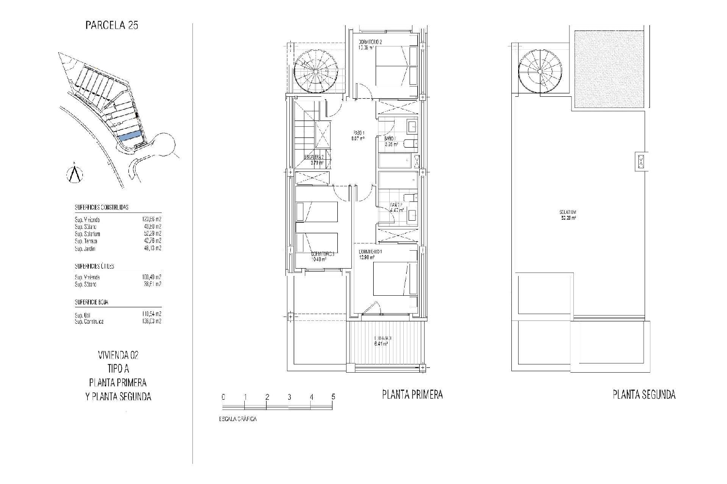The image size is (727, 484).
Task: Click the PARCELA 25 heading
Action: pos(111,25)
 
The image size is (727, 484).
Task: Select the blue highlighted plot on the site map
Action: pos(130,136)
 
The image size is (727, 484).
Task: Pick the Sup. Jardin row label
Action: pos(85,249)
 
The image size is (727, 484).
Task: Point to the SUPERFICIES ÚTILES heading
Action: pos(94,266)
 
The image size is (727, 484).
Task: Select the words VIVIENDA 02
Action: pos(118,355)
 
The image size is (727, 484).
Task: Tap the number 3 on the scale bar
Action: pos(289,397)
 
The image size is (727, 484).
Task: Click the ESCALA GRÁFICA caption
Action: pos(237,419)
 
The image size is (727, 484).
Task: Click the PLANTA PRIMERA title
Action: pos(412,395)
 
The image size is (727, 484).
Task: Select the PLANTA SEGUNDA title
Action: pos(644,395)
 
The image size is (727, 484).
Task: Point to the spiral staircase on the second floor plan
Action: pos(539,72)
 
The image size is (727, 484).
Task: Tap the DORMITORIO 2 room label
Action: pos(370,42)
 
